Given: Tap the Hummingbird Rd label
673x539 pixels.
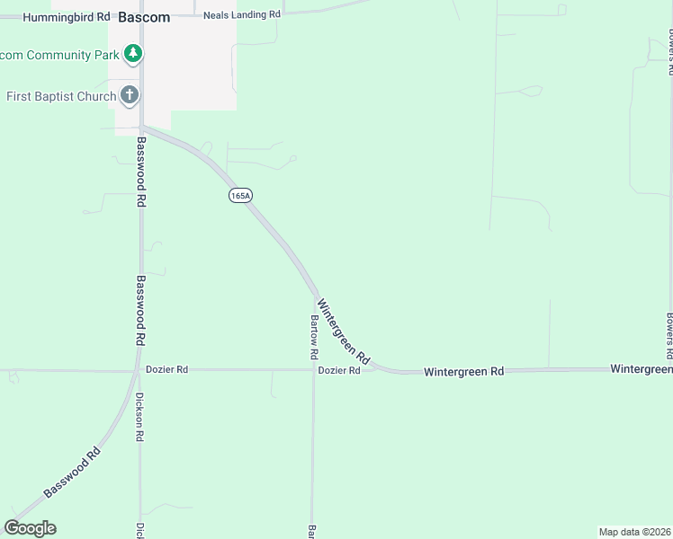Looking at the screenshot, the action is coord(67,17).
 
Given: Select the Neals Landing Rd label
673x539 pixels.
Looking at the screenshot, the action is coord(242,15).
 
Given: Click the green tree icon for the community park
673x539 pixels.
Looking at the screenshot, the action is coord(133,54).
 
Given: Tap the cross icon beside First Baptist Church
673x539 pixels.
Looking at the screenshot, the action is coord(130,94).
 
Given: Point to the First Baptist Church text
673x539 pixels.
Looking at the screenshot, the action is coord(61,96).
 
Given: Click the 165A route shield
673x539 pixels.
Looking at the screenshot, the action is coord(239,195).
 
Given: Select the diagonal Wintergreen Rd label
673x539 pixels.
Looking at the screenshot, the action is coord(344,331).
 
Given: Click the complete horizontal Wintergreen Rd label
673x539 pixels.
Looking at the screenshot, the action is coord(463,371).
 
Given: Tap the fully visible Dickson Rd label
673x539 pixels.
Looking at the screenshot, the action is coord(139,417).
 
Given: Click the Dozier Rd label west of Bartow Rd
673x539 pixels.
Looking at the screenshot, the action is coord(166,369).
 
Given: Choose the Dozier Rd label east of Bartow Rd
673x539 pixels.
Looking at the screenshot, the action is coord(338,370).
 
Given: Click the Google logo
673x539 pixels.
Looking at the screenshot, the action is coord(30,528).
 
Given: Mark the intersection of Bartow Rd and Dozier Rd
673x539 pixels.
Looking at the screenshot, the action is coord(313,369).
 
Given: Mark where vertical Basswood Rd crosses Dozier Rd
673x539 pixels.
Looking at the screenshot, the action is coord(140,369).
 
